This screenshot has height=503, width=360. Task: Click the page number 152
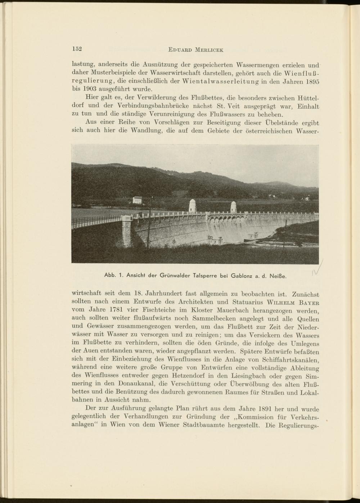pyautogui.click(x=77, y=49)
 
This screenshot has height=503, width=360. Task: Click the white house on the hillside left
pyautogui.click(x=137, y=200)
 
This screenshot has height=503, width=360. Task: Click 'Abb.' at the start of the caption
pyautogui.click(x=110, y=276)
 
